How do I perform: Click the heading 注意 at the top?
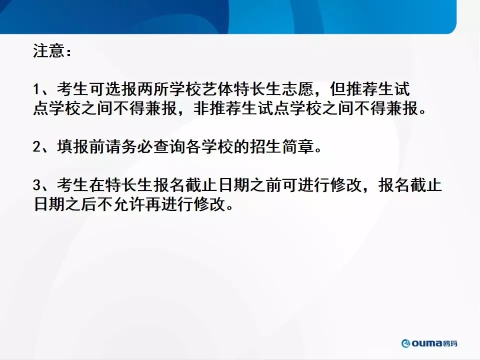(x=48, y=51)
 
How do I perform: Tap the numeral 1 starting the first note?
(x=36, y=89)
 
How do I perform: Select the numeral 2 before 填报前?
(x=36, y=146)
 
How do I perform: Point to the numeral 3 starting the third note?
(x=36, y=185)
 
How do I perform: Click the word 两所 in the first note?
(x=153, y=89)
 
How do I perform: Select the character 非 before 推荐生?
(x=201, y=108)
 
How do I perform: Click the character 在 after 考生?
(x=97, y=185)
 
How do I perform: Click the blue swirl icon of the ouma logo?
(x=406, y=343)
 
